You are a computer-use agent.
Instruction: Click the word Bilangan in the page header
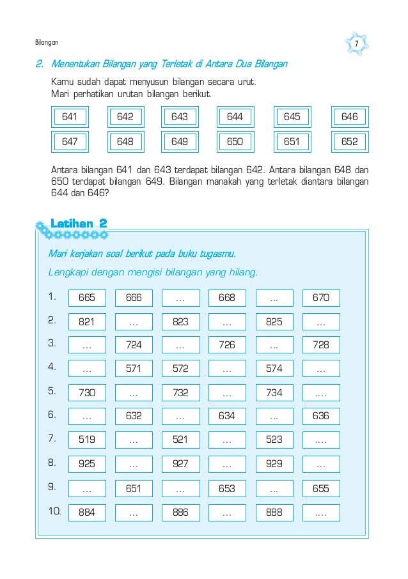[x=46, y=43]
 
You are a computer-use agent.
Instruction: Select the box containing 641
[x=70, y=118]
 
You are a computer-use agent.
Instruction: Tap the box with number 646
[x=349, y=118]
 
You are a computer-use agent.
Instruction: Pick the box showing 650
[x=235, y=141]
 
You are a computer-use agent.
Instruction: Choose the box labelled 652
[x=349, y=141]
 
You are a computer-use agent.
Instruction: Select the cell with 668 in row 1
[x=227, y=298]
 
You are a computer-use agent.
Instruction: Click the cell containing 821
[x=87, y=322]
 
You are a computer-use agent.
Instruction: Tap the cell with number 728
[x=321, y=345]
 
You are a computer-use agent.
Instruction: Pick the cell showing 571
[x=134, y=369]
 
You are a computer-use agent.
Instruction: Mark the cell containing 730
[x=87, y=392]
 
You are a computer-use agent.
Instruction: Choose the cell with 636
[x=321, y=416]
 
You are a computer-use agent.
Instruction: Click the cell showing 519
[x=87, y=440]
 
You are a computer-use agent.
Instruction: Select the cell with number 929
[x=274, y=464]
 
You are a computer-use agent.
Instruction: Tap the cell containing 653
[x=227, y=488]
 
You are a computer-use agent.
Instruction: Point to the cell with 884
[x=87, y=512]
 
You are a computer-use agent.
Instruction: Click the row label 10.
[x=54, y=511]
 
